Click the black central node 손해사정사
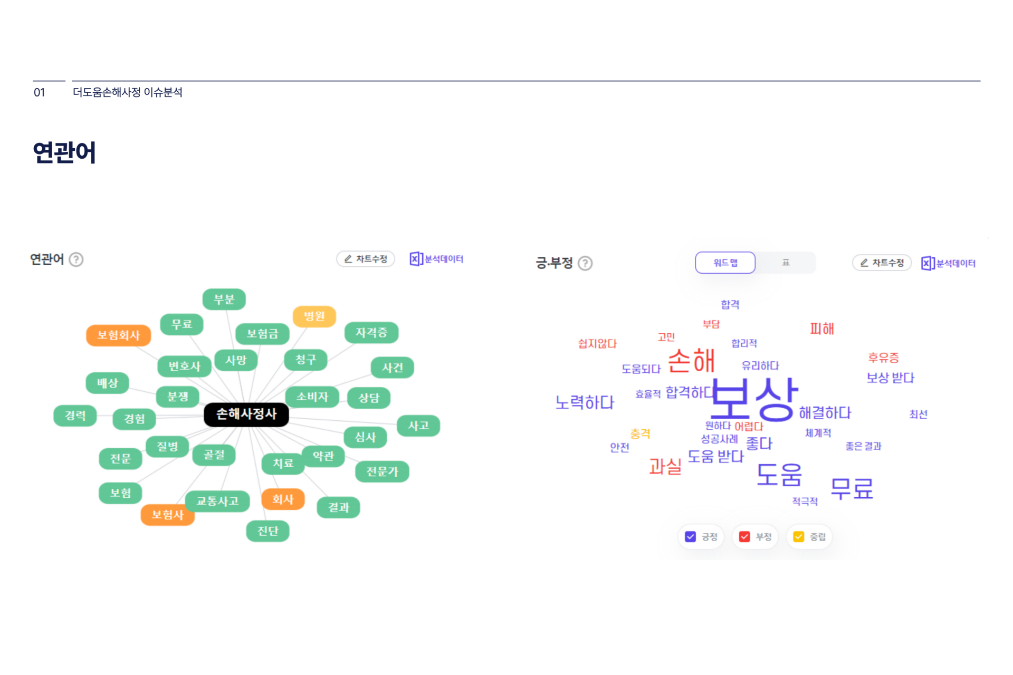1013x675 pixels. pos(246,414)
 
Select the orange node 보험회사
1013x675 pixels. pos(119,335)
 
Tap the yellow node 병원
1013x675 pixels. pos(314,316)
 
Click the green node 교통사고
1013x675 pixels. pos(217,501)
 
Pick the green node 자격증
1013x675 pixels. pos(371,333)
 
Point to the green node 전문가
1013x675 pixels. pos(382,471)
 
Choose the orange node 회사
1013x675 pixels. pos(283,499)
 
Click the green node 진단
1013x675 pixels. pos(267,531)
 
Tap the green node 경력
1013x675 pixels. pos(75,416)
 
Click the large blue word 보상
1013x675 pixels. pos(754,399)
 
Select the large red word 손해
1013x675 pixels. pos(691,361)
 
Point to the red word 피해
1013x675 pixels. pos(822,329)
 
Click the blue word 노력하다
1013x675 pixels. pos(585,403)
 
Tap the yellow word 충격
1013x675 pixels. pos(640,433)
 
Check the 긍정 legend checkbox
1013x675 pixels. pos(690,537)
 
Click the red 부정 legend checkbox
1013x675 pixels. pos(744,537)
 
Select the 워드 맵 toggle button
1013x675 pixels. pos(725,263)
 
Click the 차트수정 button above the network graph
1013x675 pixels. pos(366,259)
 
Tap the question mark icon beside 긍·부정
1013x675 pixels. pos(585,263)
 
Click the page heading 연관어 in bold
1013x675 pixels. pos(64,153)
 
